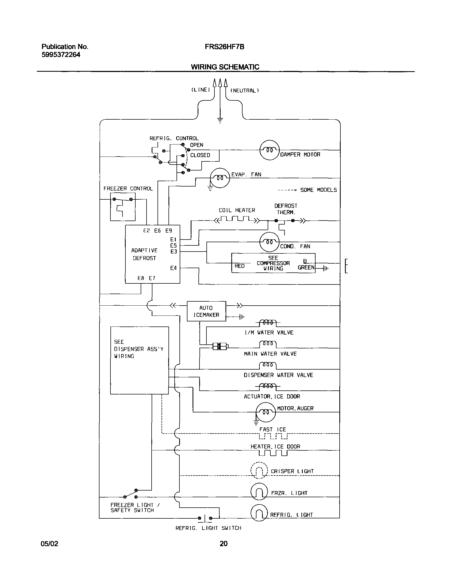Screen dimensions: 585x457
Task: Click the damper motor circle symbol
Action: pyautogui.click(x=270, y=150)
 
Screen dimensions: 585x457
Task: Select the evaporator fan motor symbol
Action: pyautogui.click(x=220, y=178)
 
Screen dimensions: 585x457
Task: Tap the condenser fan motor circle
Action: pyautogui.click(x=269, y=242)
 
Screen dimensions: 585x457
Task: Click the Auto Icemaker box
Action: pyautogui.click(x=206, y=311)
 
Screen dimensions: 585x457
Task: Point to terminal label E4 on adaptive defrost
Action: pyautogui.click(x=174, y=268)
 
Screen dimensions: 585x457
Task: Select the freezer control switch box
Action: pyautogui.click(x=123, y=207)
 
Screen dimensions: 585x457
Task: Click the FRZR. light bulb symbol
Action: pyautogui.click(x=259, y=491)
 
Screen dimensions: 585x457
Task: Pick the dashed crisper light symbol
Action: pyautogui.click(x=259, y=470)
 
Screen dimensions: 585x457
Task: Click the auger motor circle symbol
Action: pyautogui.click(x=266, y=412)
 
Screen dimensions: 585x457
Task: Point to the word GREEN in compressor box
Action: pyautogui.click(x=306, y=267)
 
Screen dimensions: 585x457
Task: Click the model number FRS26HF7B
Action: pyautogui.click(x=224, y=47)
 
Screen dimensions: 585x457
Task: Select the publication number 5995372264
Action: pyautogui.click(x=61, y=55)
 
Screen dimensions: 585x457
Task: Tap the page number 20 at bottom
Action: pyautogui.click(x=224, y=544)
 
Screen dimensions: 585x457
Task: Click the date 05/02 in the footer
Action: pyautogui.click(x=49, y=544)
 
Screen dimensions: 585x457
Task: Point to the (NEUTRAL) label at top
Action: pyautogui.click(x=244, y=90)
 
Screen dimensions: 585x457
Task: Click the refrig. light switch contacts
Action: pyautogui.click(x=205, y=518)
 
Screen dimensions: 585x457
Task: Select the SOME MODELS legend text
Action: pyautogui.click(x=318, y=190)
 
